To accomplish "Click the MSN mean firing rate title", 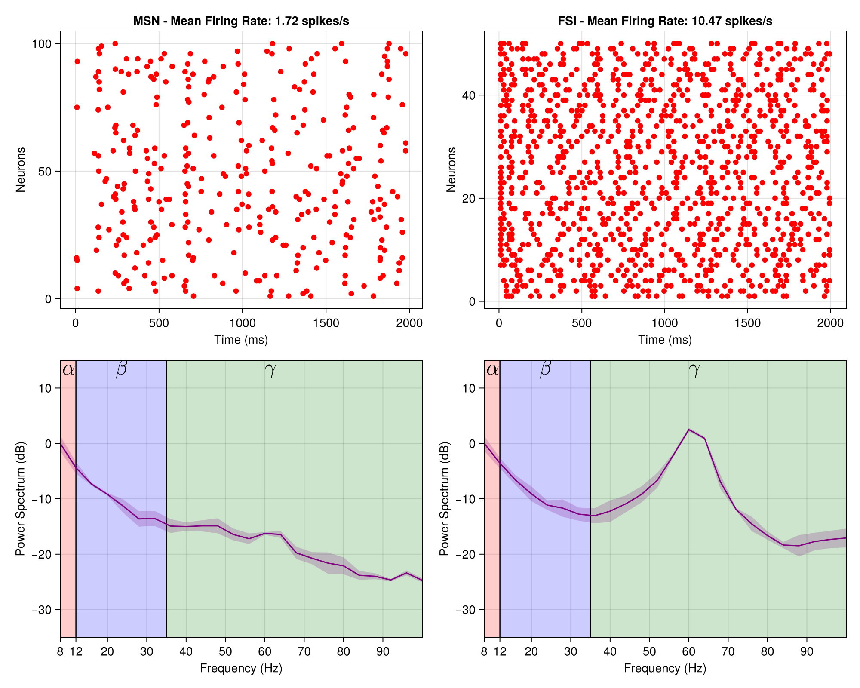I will pyautogui.click(x=241, y=21).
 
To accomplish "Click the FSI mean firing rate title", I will pyautogui.click(x=665, y=21).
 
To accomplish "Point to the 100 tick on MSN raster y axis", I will pyautogui.click(x=41, y=44).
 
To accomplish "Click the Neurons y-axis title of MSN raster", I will pyautogui.click(x=20, y=169).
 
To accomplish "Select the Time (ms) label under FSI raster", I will pyautogui.click(x=665, y=340).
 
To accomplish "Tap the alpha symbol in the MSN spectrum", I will pyautogui.click(x=68, y=369).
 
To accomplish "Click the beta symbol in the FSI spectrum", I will pyautogui.click(x=545, y=369).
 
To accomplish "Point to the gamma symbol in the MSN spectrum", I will pyautogui.click(x=270, y=369).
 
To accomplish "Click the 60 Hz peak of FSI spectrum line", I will pyautogui.click(x=689, y=430).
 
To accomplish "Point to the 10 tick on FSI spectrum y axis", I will pyautogui.click(x=469, y=388).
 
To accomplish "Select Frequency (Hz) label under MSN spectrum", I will pyautogui.click(x=241, y=668).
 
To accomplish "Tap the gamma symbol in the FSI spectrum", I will pyautogui.click(x=694, y=369).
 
